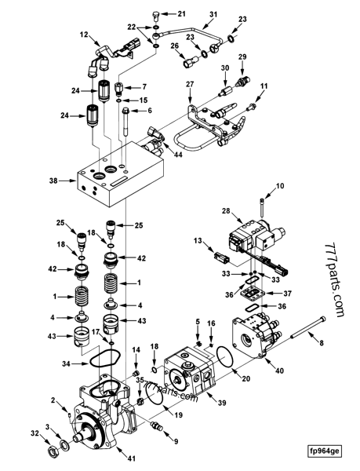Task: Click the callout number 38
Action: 54,180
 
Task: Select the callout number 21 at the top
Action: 182,14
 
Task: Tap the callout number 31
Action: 214,15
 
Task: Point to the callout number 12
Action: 84,35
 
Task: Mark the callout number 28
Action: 227,211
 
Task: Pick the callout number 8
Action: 320,341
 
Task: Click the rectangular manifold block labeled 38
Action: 118,179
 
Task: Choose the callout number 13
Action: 198,240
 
